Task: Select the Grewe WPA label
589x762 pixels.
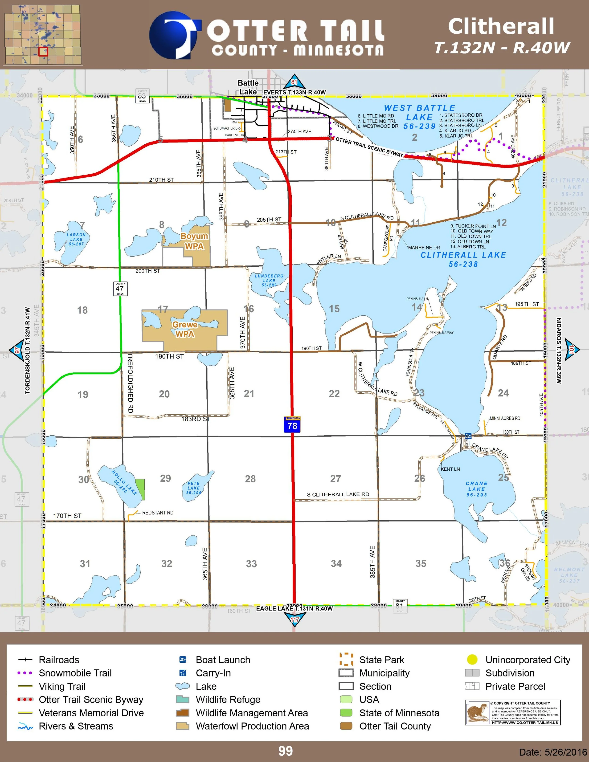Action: [184, 329]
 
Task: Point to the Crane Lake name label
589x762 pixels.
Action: [477, 489]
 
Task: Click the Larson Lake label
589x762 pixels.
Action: [76, 239]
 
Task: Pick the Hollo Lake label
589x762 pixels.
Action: [124, 482]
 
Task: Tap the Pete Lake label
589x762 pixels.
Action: [194, 488]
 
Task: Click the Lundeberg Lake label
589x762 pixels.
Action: [269, 280]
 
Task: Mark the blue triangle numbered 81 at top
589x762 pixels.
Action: [294, 82]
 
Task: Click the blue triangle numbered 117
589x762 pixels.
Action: [295, 619]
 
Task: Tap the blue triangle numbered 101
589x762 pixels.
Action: [571, 349]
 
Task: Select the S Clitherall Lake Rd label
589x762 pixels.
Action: [338, 494]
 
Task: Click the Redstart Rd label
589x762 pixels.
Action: [157, 513]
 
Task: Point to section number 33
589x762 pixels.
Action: [251, 563]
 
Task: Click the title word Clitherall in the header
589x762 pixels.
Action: [501, 27]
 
